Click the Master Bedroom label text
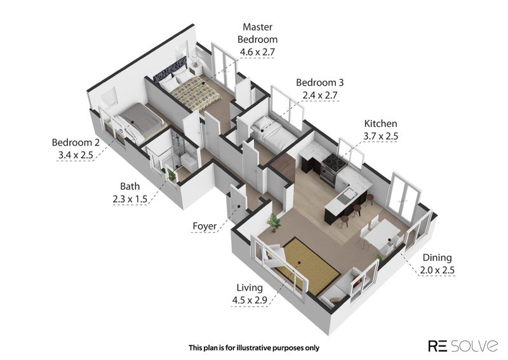pos(258,33)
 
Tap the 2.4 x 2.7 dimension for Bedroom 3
pos(320,95)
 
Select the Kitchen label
pos(380,123)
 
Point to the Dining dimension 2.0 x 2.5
pos(437,270)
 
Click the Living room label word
pos(250,288)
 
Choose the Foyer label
pos(204,226)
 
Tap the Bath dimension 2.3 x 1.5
pos(130,199)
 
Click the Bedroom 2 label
pos(76,142)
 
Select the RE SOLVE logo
pos(463,345)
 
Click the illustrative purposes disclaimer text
pos(253,348)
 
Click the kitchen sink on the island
pos(347,196)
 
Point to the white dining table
pos(382,232)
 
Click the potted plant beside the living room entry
pos(274,223)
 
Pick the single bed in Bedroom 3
pos(274,134)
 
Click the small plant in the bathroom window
pos(171,175)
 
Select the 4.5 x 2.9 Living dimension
pos(250,300)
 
